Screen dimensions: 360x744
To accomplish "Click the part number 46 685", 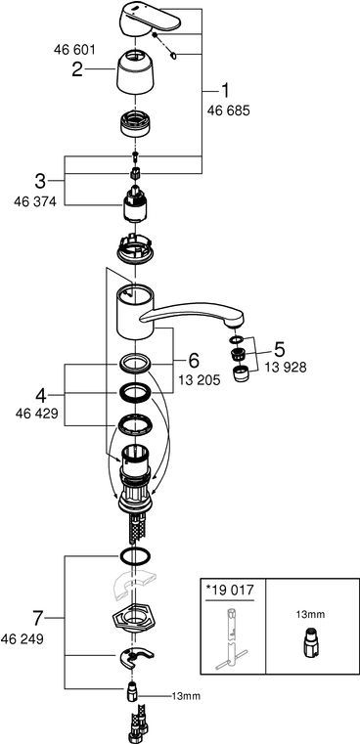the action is [229, 110].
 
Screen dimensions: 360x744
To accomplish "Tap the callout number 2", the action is [77, 69].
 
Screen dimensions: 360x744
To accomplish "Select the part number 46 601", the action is [74, 49].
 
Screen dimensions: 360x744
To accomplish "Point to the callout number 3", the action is [41, 181].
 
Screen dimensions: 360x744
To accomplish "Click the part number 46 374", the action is [35, 201].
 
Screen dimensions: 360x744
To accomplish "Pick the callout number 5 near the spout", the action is [280, 350].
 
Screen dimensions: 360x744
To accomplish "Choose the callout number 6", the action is [195, 361].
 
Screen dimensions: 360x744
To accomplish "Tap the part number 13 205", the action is [200, 380].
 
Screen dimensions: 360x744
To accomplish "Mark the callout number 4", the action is [42, 394].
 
